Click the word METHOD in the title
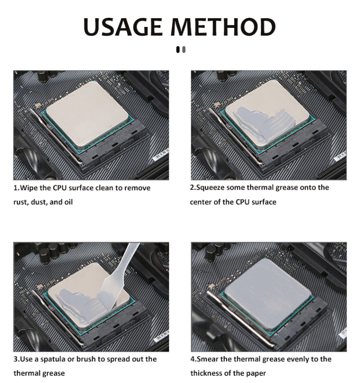(228, 27)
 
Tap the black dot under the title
(178, 49)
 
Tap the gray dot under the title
(183, 49)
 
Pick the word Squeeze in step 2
(210, 187)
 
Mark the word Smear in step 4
(206, 359)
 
